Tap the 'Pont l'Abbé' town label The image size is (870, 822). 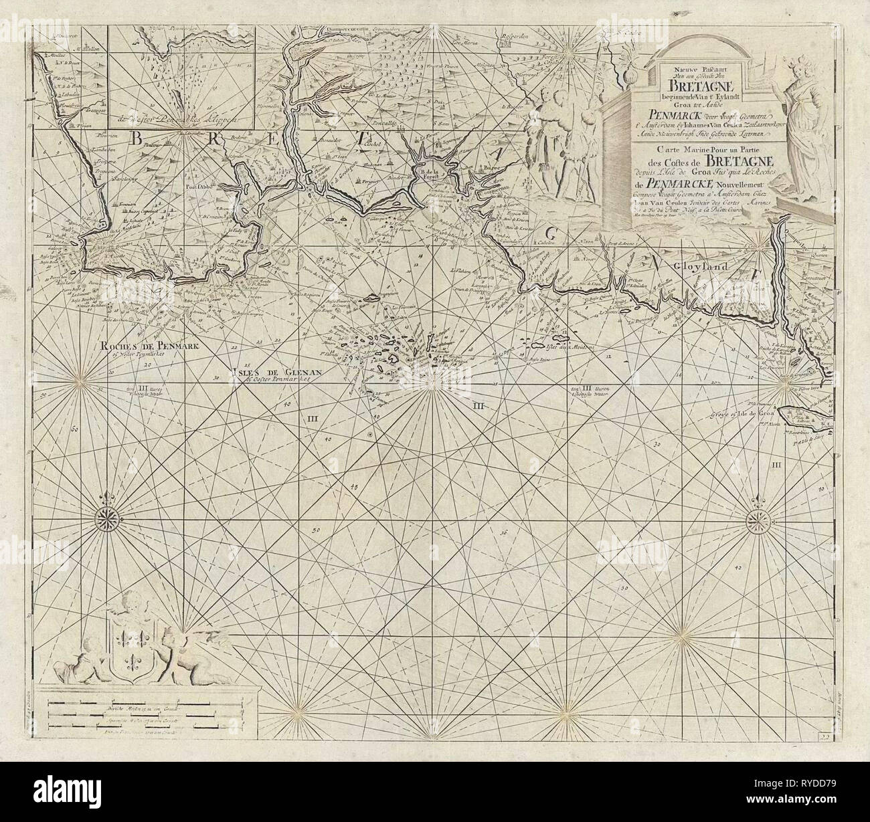184,187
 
